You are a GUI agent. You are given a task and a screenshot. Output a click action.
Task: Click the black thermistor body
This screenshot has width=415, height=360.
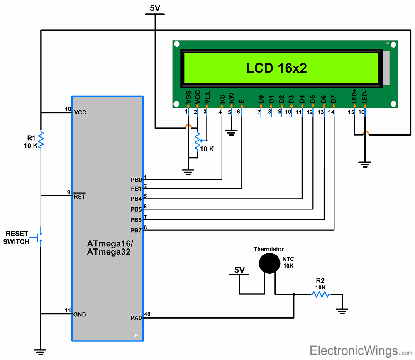point(270,263)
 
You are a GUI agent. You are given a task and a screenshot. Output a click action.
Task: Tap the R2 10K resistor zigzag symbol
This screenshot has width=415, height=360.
point(320,294)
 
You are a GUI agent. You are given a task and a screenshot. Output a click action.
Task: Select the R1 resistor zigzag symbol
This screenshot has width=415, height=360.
point(41,140)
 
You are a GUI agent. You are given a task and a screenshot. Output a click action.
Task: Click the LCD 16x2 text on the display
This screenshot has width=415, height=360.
point(276,68)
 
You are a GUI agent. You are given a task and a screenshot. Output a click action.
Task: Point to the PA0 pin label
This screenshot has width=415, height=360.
point(136,318)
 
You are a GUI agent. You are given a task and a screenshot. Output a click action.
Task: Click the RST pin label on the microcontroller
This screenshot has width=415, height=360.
point(79,196)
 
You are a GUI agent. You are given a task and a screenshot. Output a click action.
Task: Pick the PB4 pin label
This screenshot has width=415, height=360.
point(136,199)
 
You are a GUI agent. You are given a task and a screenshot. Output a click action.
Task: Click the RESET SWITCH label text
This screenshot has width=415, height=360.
point(17,238)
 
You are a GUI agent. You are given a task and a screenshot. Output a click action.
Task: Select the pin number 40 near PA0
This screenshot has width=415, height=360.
point(147,314)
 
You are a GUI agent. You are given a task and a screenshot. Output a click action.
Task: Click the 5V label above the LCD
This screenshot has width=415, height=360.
point(155,8)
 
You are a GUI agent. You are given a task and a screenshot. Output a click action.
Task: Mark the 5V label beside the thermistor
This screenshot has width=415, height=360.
point(239,270)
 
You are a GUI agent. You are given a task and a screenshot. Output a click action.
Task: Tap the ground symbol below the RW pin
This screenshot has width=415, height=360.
point(231,133)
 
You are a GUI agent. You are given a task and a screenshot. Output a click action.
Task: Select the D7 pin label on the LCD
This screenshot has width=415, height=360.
point(333,99)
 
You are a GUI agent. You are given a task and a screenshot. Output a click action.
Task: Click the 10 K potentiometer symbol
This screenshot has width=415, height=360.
point(198,141)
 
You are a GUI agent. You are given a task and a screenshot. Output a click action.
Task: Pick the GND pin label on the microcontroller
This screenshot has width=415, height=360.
point(80,314)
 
